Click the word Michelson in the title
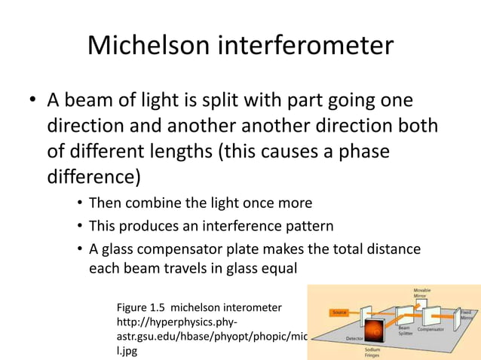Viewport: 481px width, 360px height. coord(149,46)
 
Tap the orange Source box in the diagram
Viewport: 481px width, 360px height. coord(339,312)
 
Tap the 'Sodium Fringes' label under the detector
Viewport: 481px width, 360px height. coord(372,352)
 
